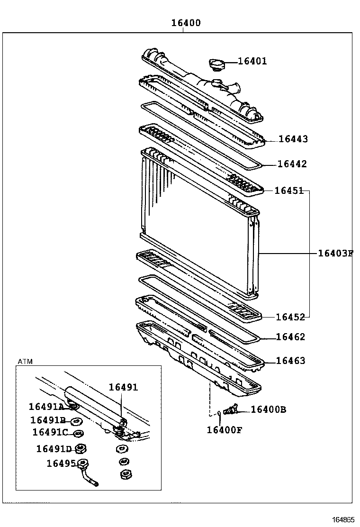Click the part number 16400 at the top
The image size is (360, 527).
185,23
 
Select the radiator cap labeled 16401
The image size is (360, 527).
217,65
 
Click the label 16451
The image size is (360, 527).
289,191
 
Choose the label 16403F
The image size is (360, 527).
335,253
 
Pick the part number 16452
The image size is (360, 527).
290,317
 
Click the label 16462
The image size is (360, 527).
290,337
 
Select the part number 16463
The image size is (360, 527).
290,361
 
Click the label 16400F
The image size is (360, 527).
224,430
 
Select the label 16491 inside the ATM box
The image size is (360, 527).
123,387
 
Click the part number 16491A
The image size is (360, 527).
46,407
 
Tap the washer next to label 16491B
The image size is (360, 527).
75,421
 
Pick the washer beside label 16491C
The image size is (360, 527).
79,433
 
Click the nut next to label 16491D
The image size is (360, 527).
81,448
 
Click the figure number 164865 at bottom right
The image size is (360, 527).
343,519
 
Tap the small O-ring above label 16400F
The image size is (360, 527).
219,413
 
